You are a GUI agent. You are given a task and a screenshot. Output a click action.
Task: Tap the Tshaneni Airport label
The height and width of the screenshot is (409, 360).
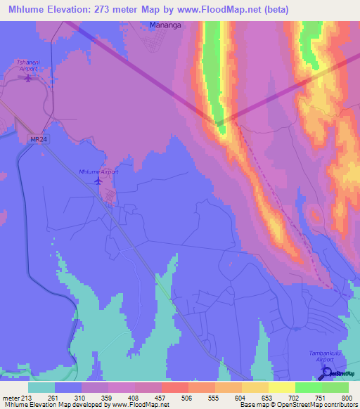[28, 65]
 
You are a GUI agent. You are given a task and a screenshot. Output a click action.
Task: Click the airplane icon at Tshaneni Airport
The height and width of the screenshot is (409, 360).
[28, 77]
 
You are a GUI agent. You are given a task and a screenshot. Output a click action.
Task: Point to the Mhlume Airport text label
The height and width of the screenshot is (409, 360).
[98, 171]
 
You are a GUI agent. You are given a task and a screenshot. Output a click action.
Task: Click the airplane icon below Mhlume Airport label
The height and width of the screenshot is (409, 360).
[98, 182]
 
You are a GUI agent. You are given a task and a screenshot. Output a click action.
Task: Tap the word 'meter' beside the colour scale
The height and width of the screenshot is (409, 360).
[11, 398]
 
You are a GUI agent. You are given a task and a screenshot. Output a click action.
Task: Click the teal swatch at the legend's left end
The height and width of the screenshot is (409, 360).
[41, 387]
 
